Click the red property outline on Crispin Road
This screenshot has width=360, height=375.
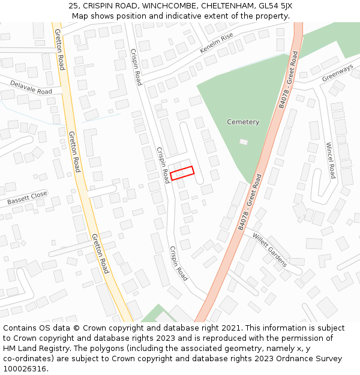pyautogui.click(x=182, y=173)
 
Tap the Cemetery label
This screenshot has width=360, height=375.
pyautogui.click(x=243, y=122)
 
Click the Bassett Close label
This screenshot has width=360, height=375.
pyautogui.click(x=27, y=199)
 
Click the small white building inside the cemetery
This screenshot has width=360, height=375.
pyautogui.click(x=243, y=142)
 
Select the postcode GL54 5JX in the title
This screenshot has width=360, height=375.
pyautogui.click(x=273, y=5)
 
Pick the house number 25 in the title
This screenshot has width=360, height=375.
pyautogui.click(x=73, y=5)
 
